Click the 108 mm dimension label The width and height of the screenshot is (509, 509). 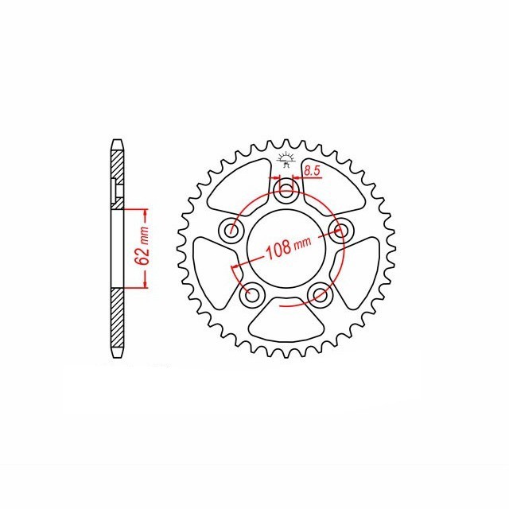[288, 247]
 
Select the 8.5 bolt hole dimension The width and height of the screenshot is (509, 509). [312, 171]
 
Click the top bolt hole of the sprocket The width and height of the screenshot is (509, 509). [286, 190]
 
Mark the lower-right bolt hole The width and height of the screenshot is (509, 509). [320, 294]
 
